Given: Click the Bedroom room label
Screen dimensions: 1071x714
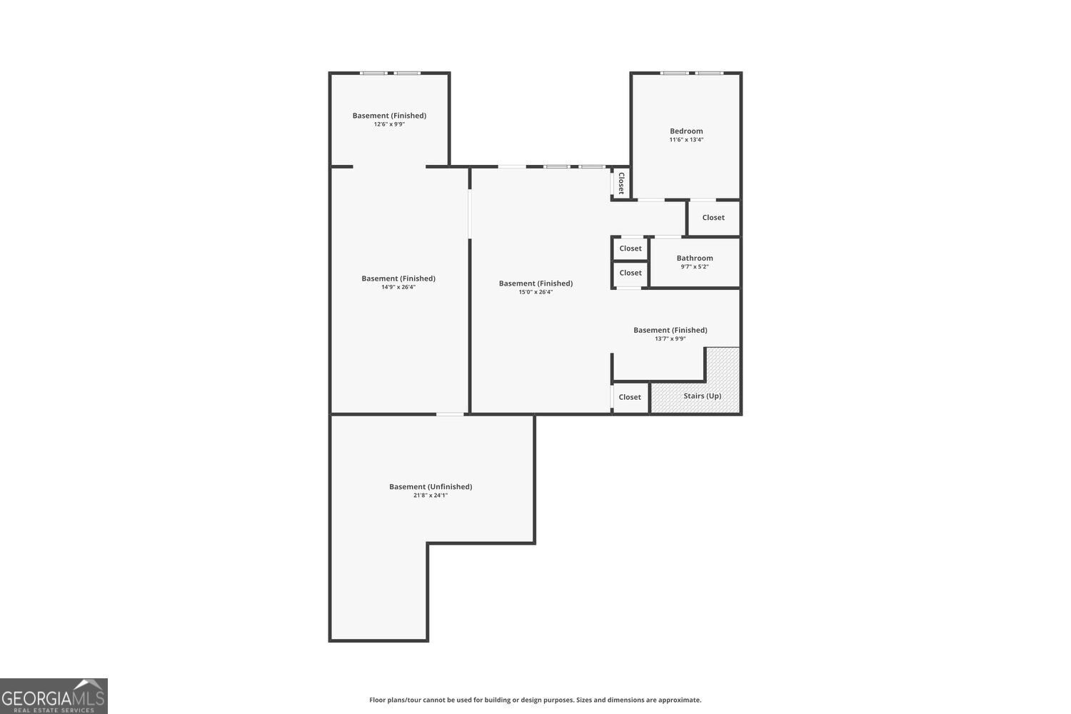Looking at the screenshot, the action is pos(686,131).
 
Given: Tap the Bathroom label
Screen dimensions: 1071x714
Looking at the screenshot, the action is pos(695,258).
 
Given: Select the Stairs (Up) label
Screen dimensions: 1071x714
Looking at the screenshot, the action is pos(703,396).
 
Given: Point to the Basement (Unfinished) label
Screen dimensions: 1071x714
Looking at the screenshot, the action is pos(431,487).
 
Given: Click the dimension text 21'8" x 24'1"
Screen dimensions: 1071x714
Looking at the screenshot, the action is pos(431,496).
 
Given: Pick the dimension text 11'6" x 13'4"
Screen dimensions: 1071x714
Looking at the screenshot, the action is pos(686,140).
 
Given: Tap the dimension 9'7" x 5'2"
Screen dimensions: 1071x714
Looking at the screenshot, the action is pos(695,267).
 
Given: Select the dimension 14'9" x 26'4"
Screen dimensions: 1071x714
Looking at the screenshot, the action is pos(398,288).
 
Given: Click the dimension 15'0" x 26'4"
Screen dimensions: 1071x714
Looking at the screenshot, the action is pos(535,292).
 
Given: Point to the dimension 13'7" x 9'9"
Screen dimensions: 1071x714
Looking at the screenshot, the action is pos(670,339).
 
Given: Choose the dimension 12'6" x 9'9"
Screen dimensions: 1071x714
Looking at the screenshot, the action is pos(389,124).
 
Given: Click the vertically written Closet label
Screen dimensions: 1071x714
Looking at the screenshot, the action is pos(621,183).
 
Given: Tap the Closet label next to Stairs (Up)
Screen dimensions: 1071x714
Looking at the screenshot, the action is pos(630,398).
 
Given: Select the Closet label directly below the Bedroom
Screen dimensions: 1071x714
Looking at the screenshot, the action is pos(713,218).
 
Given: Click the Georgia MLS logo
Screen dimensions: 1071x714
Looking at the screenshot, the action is pos(54,696).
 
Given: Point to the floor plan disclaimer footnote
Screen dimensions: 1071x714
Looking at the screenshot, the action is pos(535,700).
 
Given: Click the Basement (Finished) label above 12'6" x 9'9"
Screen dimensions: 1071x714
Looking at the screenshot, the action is pos(389,116).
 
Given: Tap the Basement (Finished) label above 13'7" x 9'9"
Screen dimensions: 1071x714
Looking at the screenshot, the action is pos(670,331).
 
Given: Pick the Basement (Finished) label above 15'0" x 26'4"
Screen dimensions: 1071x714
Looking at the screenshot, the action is pos(535,283).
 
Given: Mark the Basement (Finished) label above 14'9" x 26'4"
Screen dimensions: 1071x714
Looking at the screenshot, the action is pos(398,278).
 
